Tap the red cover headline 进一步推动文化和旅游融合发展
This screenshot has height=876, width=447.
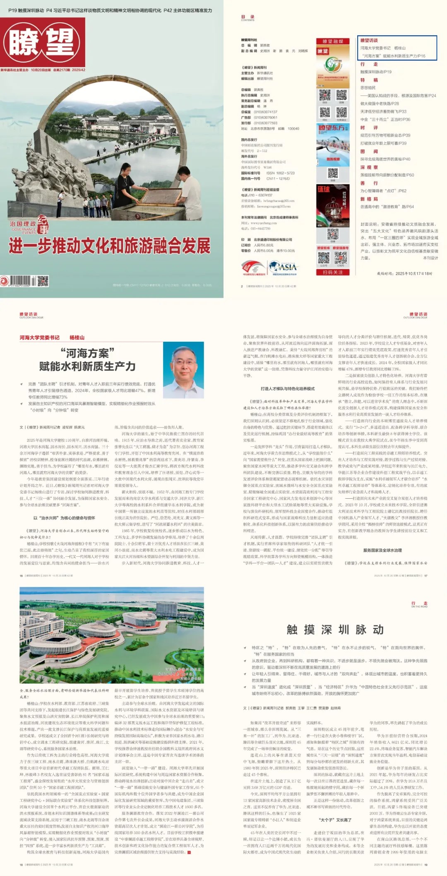110,246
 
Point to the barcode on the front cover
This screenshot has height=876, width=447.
21,281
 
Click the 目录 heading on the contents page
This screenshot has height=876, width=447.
248,17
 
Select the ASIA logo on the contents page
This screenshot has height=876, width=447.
283,267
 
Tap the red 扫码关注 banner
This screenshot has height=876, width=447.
332,272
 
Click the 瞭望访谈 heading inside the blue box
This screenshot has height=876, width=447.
369,41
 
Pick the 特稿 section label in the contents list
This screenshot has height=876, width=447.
369,80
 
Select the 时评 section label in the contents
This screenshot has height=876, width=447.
369,128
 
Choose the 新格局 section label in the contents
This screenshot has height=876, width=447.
369,199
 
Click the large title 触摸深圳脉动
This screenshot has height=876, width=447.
335,630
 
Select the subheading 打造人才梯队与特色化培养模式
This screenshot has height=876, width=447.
288,389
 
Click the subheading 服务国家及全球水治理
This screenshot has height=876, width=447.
382,550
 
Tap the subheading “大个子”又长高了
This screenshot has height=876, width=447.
335,820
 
